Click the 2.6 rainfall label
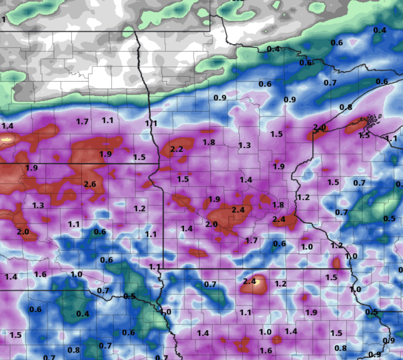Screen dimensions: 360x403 click(x=90, y=184)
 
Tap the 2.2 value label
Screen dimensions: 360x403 click(x=176, y=149)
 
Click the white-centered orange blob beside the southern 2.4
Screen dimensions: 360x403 click(x=259, y=286)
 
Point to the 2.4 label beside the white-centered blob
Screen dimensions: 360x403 click(x=249, y=281)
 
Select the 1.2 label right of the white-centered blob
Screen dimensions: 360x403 click(x=280, y=284)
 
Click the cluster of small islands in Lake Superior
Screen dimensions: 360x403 click(x=371, y=119)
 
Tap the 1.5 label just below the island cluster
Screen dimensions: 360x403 click(x=364, y=135)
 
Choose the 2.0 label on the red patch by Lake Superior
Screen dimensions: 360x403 click(x=319, y=128)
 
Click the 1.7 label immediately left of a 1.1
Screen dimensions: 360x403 click(x=82, y=122)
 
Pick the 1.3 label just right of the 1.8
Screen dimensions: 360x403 click(x=244, y=146)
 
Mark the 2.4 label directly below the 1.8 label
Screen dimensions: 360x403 click(x=279, y=219)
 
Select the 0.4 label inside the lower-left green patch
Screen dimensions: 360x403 click(x=83, y=314)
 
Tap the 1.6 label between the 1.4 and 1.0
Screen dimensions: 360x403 click(x=41, y=274)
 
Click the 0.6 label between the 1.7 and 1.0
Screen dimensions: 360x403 click(x=280, y=244)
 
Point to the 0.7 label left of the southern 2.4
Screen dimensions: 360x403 click(x=210, y=284)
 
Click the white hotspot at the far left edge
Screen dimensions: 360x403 click(x=6, y=139)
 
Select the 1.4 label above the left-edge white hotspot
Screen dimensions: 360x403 click(x=8, y=126)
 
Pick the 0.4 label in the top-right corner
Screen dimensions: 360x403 click(x=380, y=30)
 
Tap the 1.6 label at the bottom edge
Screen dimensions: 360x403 click(x=266, y=350)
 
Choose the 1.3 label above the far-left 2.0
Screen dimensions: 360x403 click(x=38, y=206)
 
